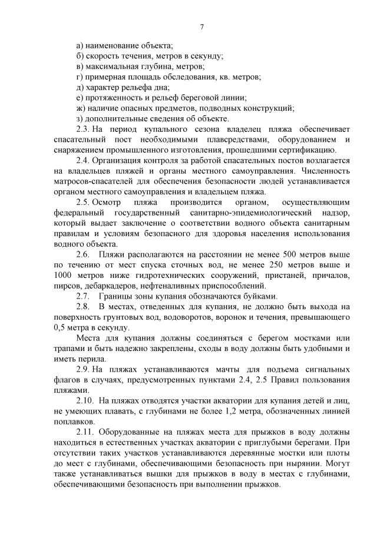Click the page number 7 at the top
click(201, 27)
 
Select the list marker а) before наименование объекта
click(80, 45)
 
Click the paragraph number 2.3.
click(83, 129)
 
